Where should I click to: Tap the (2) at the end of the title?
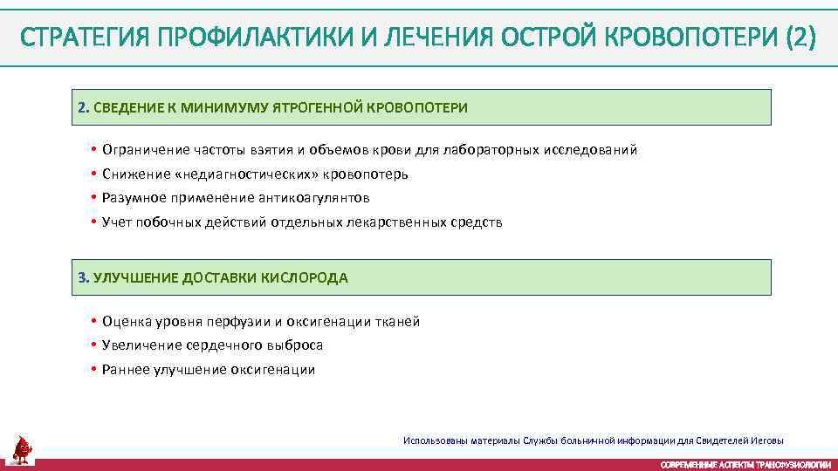[x=800, y=38]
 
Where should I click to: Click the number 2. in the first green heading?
[x=83, y=107]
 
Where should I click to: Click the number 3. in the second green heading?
[x=83, y=278]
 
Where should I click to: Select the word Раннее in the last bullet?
[x=126, y=370]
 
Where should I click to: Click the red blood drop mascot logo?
[x=22, y=447]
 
